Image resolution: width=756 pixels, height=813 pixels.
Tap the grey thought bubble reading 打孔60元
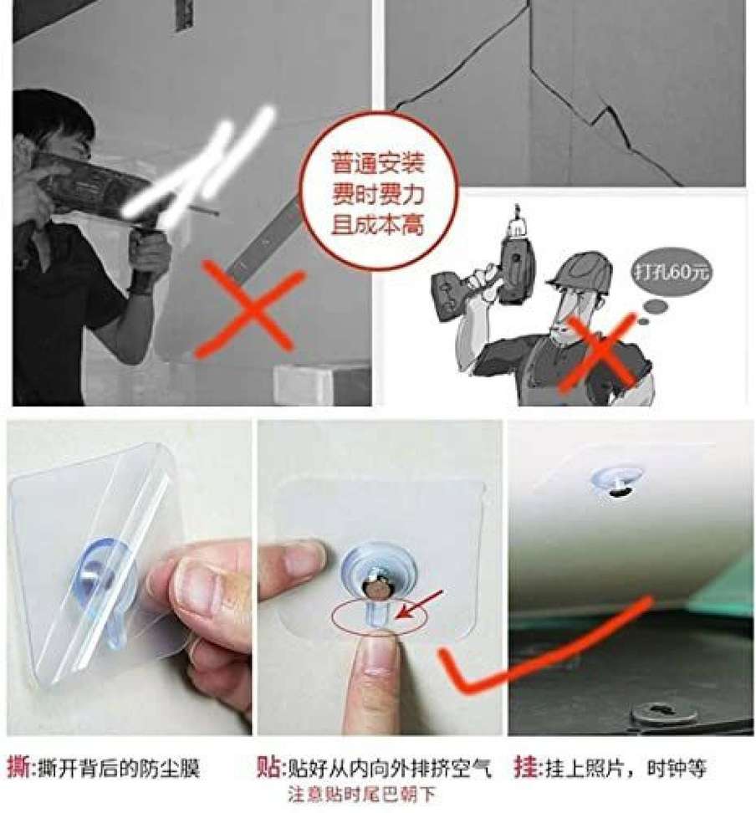pyautogui.click(x=671, y=271)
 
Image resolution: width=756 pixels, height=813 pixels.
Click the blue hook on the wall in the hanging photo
pyautogui.click(x=616, y=483)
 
